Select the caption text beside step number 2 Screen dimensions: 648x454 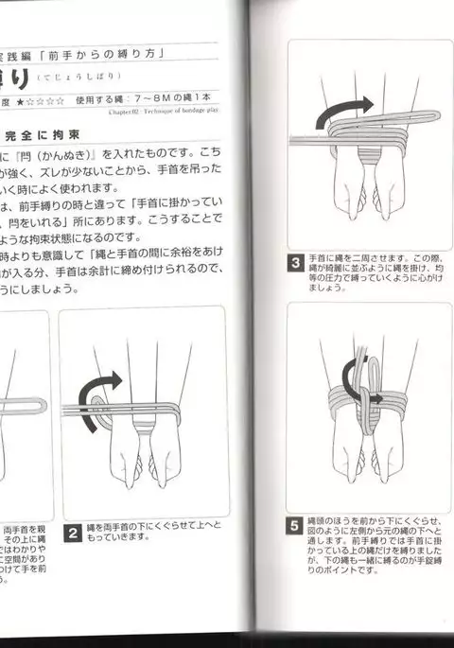pos(142,532)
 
